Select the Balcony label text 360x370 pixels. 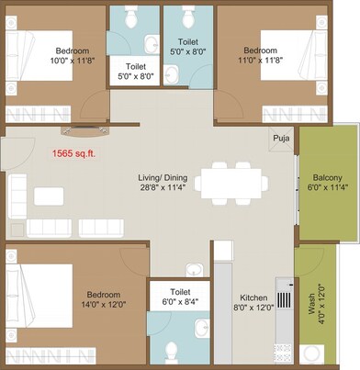(x=328, y=176)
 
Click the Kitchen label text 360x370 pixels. (x=253, y=298)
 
